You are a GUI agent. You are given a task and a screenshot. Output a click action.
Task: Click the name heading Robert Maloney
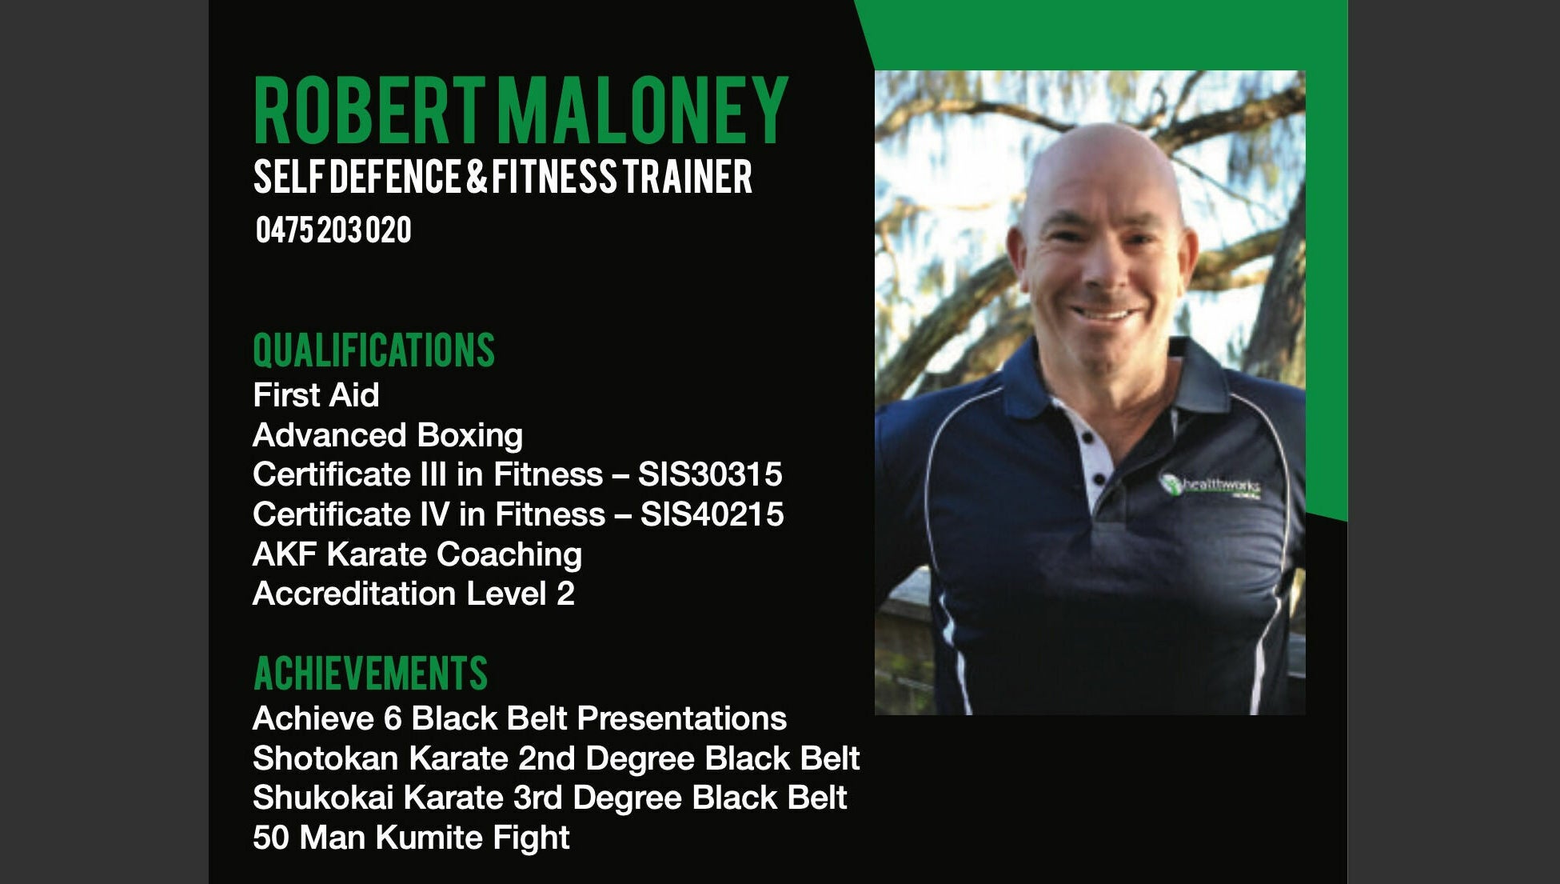coord(521,110)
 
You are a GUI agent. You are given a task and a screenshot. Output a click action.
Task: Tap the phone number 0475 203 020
coord(333,230)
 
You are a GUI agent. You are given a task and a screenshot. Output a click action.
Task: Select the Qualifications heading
coord(374,350)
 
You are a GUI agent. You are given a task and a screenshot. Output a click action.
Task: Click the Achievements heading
coord(370,673)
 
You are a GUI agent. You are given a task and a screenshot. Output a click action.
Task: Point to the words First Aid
coord(316,395)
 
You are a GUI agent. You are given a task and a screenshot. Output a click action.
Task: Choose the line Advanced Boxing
coord(388,435)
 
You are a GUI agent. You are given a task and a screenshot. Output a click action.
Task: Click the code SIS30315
coord(710,474)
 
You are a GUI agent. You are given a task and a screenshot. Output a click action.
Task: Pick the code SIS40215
coord(712,514)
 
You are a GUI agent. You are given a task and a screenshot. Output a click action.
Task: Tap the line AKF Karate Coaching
coord(417,554)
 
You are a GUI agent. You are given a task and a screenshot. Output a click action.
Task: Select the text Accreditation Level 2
coord(413,594)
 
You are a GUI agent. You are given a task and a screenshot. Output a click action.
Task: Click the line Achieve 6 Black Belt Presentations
coord(520,718)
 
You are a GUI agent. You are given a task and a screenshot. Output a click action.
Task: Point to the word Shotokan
coord(325,758)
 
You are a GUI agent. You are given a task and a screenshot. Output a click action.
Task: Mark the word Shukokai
coord(324,798)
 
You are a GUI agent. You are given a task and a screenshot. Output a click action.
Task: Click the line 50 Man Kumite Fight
coord(411,838)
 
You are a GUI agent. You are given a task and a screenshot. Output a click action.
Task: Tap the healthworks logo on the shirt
coord(1211,486)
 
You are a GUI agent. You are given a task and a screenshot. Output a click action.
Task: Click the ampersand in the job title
coord(477,177)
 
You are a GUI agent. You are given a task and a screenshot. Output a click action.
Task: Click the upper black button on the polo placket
coord(1087,438)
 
